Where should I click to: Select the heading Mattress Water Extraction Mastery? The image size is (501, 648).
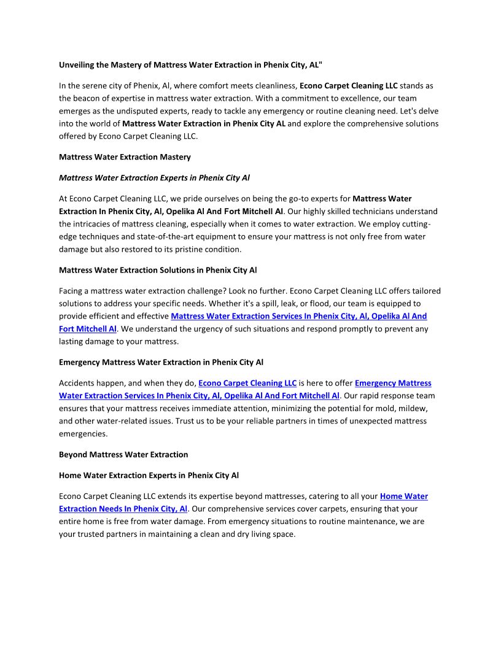click(x=125, y=157)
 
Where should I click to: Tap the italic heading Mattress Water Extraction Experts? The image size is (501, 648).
click(x=154, y=178)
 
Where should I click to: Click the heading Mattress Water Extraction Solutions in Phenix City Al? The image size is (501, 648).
click(x=158, y=270)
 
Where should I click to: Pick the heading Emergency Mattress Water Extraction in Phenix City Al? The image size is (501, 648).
click(x=161, y=362)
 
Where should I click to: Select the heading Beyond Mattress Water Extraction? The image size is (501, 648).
click(x=123, y=455)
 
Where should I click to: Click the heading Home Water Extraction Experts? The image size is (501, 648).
click(x=149, y=476)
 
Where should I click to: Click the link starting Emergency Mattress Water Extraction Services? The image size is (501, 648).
click(x=393, y=383)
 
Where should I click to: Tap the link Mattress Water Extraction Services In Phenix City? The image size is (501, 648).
click(x=298, y=316)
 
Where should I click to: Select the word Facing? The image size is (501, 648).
click(x=71, y=291)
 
